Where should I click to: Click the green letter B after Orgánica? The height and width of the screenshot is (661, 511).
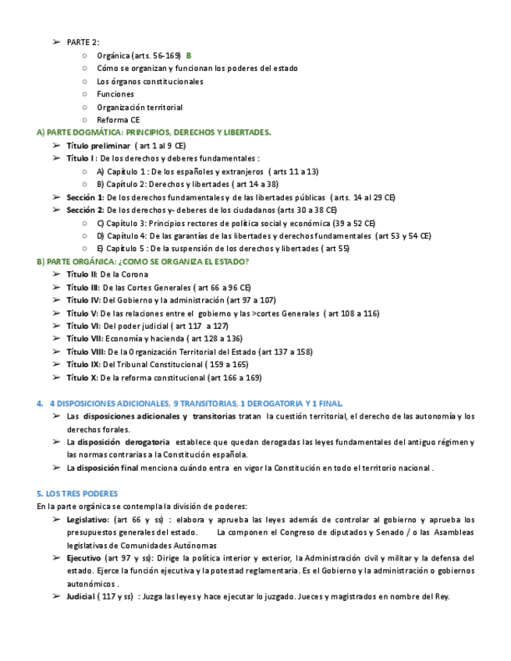189,55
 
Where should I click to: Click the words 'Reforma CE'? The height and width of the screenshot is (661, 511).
118,120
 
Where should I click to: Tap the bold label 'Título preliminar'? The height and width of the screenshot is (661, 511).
98,145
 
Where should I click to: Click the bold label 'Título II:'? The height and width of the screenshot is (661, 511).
82,274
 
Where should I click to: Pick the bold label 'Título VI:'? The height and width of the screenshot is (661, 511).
83,326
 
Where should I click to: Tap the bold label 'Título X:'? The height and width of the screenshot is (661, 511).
82,377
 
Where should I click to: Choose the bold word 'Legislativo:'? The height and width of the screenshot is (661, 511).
87,519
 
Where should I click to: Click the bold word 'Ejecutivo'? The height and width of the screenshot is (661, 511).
83,558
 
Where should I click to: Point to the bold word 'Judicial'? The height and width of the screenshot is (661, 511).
80,597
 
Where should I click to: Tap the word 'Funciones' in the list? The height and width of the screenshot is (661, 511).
115,94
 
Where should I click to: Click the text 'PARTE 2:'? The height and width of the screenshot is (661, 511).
83,42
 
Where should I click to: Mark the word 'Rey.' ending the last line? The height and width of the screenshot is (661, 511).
441,597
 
